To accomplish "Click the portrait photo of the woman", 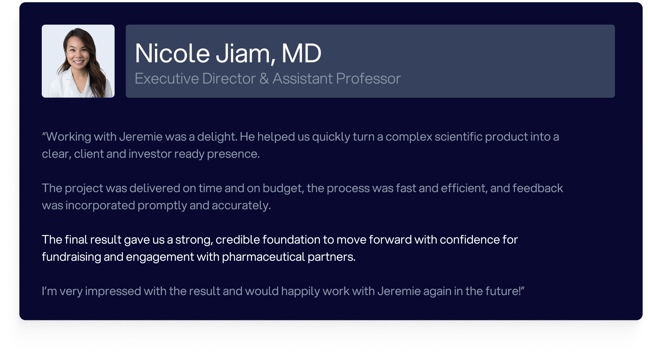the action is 78,61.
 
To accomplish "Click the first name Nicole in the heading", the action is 172,53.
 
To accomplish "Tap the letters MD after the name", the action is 301,53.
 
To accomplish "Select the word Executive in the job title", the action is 167,78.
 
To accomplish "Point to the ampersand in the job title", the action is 264,79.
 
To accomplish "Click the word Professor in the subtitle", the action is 368,78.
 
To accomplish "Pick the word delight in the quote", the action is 217,137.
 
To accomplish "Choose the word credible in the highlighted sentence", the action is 238,240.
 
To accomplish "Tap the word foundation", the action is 291,240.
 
